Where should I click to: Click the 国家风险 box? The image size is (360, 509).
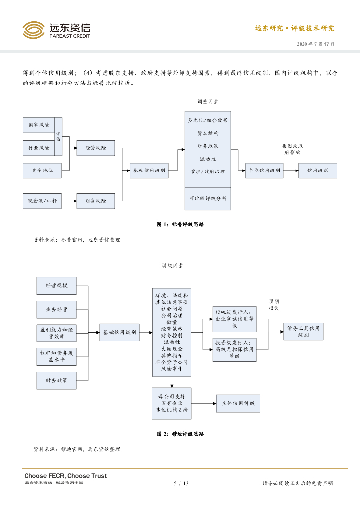pos(39,125)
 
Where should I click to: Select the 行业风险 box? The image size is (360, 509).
pos(39,148)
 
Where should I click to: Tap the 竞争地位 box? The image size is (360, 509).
pos(43,170)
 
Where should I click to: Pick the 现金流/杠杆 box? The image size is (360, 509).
pos(43,201)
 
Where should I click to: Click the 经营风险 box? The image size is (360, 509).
pos(95,148)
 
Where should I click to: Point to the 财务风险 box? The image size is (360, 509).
pos(95,201)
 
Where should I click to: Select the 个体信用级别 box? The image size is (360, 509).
pos(265,170)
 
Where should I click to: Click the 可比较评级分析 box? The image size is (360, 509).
pos(207,198)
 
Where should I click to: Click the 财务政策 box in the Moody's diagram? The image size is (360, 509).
pos(56,380)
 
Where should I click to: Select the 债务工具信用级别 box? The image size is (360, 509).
pos(303,331)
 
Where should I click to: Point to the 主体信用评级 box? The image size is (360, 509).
pos(238,403)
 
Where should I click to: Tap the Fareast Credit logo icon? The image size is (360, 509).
pos(33,30)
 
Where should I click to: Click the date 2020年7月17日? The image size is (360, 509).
pos(315,44)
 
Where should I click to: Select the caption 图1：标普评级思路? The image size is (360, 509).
pos(180,224)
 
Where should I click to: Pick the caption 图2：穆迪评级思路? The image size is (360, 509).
pos(180,434)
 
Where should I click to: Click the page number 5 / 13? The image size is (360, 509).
pos(180,483)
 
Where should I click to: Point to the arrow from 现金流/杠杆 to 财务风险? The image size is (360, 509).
pos(69,201)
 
